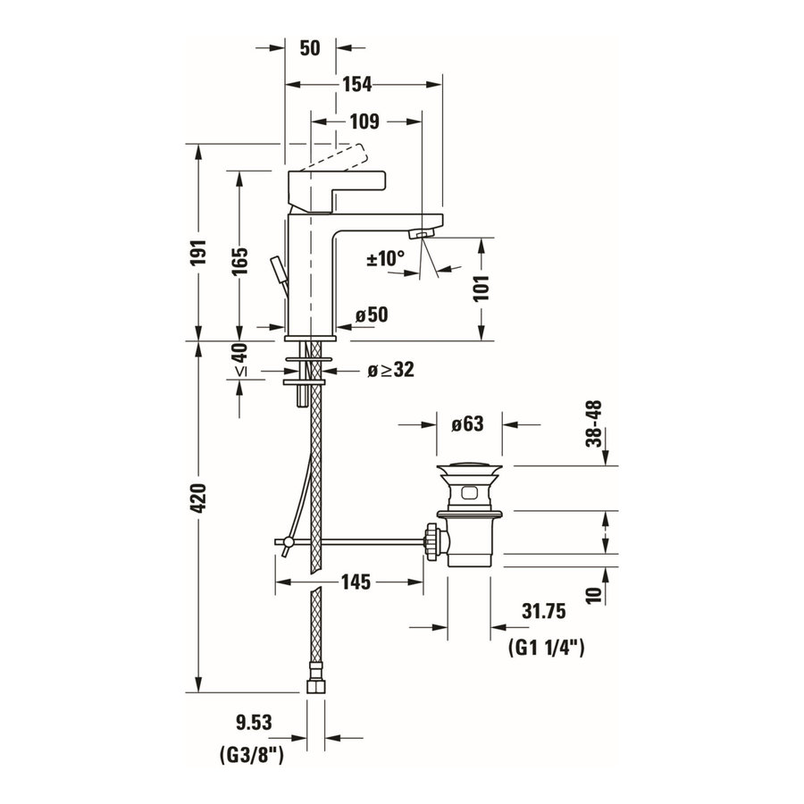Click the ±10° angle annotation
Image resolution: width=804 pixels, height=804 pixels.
[x=386, y=259]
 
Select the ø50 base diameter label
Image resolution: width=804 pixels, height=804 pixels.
[x=371, y=314]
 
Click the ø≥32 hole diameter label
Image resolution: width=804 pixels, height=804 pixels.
[x=390, y=369]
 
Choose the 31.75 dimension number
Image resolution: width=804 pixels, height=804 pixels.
[x=544, y=612]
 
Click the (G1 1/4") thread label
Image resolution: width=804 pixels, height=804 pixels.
[x=545, y=649]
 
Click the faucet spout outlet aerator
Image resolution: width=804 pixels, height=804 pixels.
[x=420, y=234]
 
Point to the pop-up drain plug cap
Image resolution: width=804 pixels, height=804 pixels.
[x=469, y=470]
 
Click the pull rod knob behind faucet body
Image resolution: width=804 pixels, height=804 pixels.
[x=278, y=268]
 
